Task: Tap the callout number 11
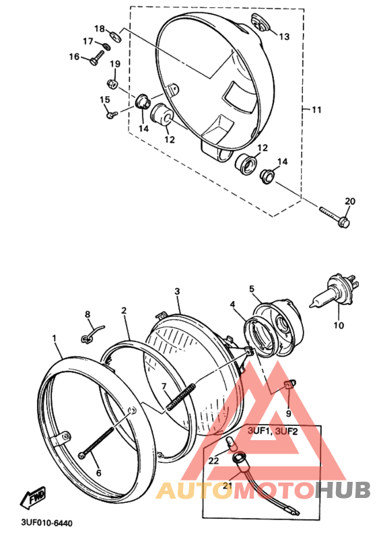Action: coord(317,109)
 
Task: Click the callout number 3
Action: coord(177,291)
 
